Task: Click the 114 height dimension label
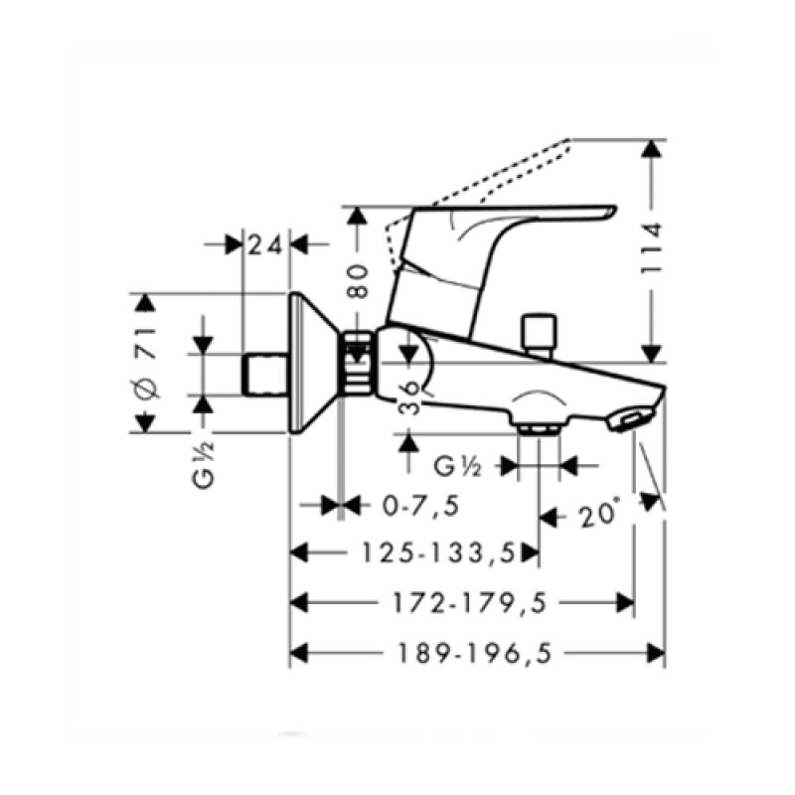652,247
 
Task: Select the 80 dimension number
358,281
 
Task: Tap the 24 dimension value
265,245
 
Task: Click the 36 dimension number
409,398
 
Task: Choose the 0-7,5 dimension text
420,506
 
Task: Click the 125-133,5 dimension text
438,553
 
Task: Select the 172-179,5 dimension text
470,603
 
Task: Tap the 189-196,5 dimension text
474,653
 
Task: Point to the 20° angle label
600,514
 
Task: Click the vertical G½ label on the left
204,465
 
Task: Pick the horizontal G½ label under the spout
457,466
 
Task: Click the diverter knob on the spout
540,335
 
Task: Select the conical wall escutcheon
314,363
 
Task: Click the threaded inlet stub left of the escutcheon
265,375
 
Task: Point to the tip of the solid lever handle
615,208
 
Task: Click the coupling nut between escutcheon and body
358,362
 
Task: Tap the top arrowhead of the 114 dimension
652,147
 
